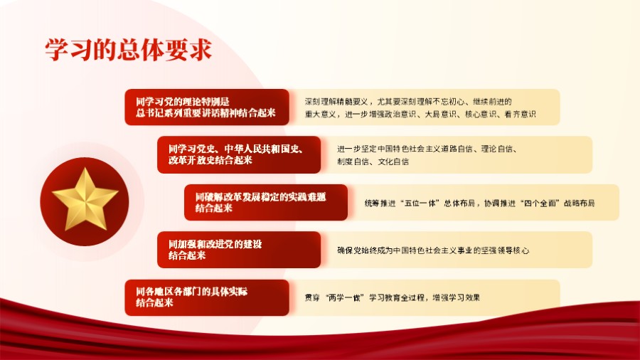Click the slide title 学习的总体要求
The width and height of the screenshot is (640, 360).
pos(128,50)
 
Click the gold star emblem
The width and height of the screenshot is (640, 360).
pos(79,200)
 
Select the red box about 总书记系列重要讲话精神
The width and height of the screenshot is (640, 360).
pos(206,107)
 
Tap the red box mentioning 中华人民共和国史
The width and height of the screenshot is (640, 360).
pos(239,154)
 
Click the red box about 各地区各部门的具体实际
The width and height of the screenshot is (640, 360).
pos(206,297)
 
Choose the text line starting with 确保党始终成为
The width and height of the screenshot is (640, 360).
pos(433,250)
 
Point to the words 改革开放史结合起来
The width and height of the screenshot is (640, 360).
pos(210,161)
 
